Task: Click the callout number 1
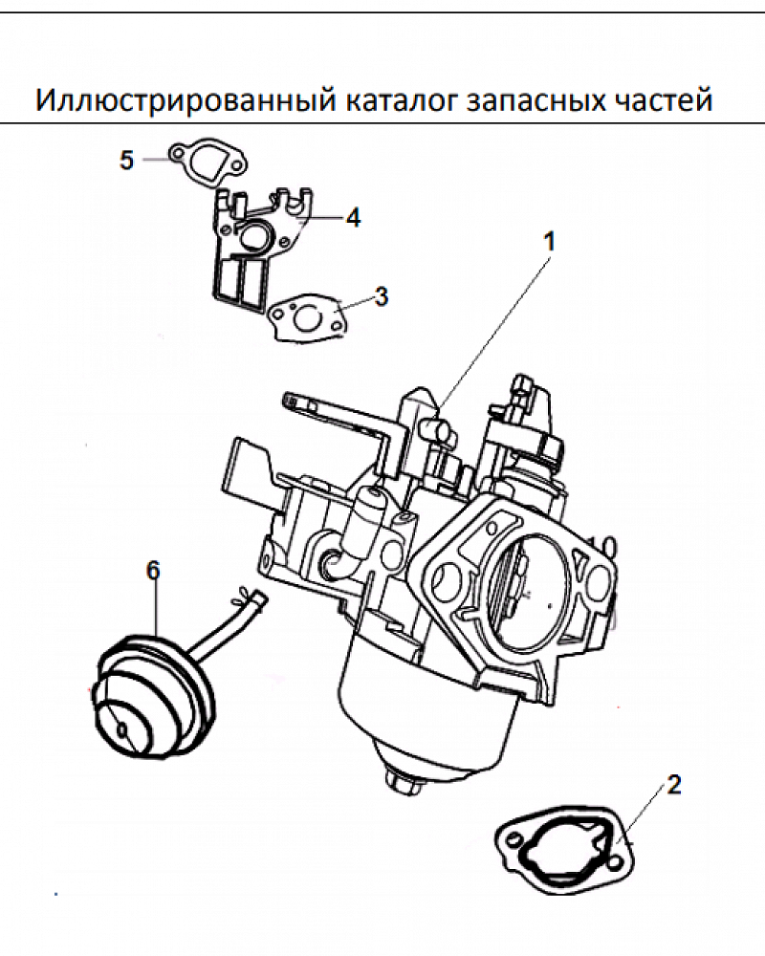click(549, 242)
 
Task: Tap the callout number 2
click(674, 786)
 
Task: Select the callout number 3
click(382, 296)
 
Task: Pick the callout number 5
click(127, 160)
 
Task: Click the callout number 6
click(153, 571)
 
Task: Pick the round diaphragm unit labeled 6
click(153, 703)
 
